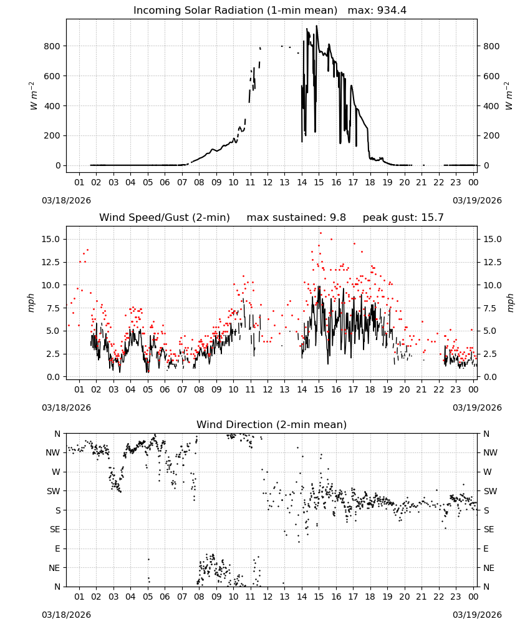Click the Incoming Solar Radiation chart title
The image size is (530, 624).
tap(235, 11)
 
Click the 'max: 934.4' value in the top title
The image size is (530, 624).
tap(377, 11)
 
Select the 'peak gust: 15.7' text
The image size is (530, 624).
tap(403, 218)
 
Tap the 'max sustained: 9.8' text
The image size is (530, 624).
tap(296, 218)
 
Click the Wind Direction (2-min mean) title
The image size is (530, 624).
tap(272, 424)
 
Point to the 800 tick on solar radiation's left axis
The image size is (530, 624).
tap(52, 46)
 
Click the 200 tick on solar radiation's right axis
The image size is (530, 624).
tap(491, 135)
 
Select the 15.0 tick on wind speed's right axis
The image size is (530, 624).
tap(492, 239)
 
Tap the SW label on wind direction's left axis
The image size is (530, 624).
tap(54, 491)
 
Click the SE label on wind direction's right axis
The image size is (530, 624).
tap(489, 529)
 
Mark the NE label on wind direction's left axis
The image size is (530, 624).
tap(54, 568)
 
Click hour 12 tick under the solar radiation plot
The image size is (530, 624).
tap(267, 183)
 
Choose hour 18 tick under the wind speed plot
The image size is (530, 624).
tap(370, 389)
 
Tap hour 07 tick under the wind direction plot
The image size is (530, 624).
tap(182, 597)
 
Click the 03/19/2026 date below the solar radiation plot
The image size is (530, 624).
tap(477, 200)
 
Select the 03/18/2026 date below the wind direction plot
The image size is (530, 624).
tap(66, 615)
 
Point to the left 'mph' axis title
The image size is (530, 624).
tap(31, 303)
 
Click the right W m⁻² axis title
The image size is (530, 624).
tap(509, 96)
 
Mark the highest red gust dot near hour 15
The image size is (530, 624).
tap(321, 233)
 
